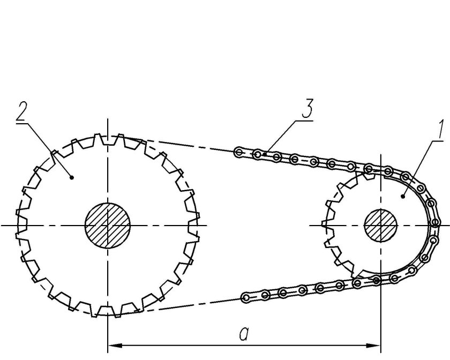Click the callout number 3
point(307,108)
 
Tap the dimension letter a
point(244,334)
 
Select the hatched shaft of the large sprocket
point(108,226)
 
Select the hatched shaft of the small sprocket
point(380,226)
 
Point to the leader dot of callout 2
point(72,178)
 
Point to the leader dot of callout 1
point(403,197)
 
